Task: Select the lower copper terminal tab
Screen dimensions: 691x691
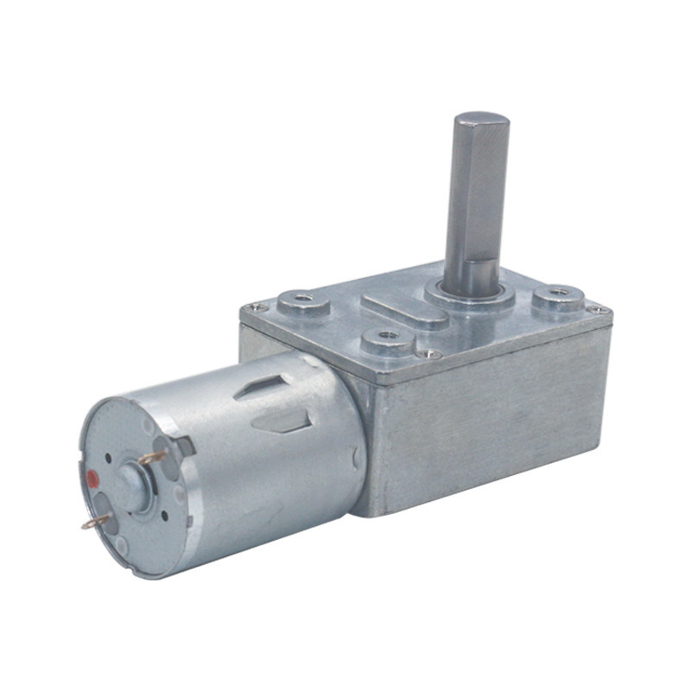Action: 96,522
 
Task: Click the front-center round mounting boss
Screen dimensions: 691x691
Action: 386,339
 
